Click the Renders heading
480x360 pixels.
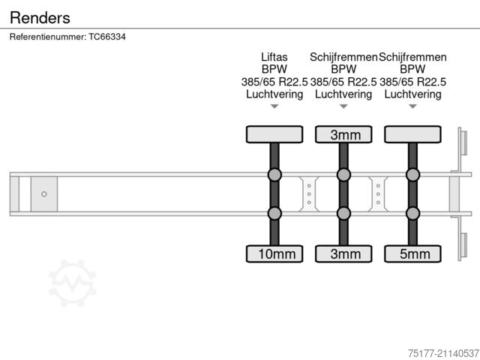[x=40, y=16]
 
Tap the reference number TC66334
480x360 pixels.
[x=106, y=36]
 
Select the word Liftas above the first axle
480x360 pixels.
[x=274, y=57]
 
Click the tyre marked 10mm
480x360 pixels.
[x=274, y=253]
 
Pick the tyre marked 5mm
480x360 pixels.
[x=412, y=253]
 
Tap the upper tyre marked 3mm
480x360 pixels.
[x=343, y=134]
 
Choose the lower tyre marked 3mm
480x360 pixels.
[x=343, y=253]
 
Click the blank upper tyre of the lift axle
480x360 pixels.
[x=274, y=134]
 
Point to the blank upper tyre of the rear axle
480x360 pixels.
[x=412, y=134]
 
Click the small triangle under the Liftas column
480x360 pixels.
[x=274, y=106]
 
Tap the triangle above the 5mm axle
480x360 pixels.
[x=412, y=106]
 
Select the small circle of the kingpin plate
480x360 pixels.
[x=44, y=193]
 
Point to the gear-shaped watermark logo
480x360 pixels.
[x=72, y=283]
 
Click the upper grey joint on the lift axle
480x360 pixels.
[x=274, y=175]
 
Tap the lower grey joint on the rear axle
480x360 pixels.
[x=412, y=213]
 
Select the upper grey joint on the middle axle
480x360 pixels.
[x=343, y=175]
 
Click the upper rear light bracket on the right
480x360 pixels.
[x=463, y=143]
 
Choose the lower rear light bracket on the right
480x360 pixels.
[x=463, y=245]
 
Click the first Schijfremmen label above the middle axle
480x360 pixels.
[x=343, y=57]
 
